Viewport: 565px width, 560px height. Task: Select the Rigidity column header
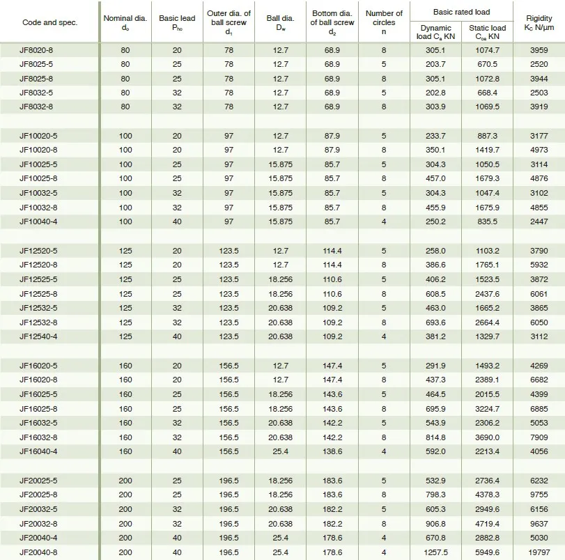(x=539, y=23)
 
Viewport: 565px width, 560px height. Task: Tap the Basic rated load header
(x=460, y=12)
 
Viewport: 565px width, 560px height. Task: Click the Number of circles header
(x=384, y=22)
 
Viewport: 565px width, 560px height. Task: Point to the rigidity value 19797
(x=539, y=552)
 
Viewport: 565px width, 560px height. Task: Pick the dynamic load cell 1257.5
(x=435, y=552)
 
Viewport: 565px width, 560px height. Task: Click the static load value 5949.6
(x=487, y=552)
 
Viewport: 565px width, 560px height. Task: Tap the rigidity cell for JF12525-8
(x=539, y=294)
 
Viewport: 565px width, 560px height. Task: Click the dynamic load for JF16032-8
(x=435, y=437)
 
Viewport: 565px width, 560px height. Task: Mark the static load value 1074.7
(x=487, y=50)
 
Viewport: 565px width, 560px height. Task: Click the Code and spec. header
(x=49, y=22)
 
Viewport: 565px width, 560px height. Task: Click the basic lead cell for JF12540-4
(x=178, y=337)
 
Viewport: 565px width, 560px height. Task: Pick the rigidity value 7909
(x=539, y=437)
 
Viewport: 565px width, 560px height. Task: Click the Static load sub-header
(x=487, y=33)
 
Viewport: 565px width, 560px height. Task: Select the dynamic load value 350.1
(x=435, y=149)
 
